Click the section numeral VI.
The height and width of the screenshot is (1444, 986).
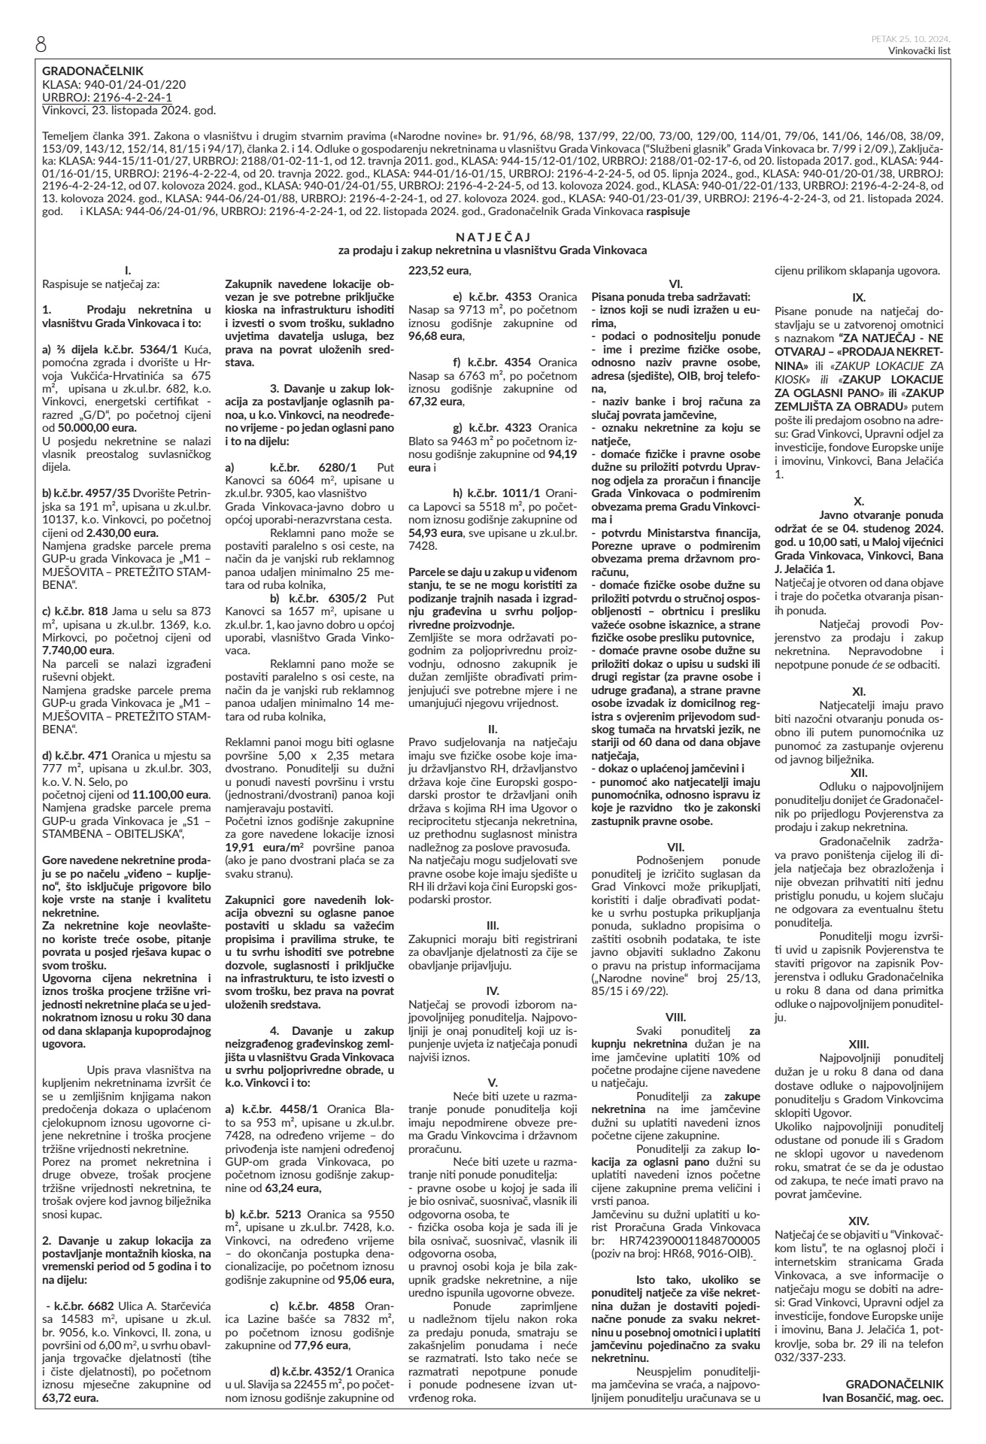[675, 284]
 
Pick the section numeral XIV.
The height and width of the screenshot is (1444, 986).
[858, 1220]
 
